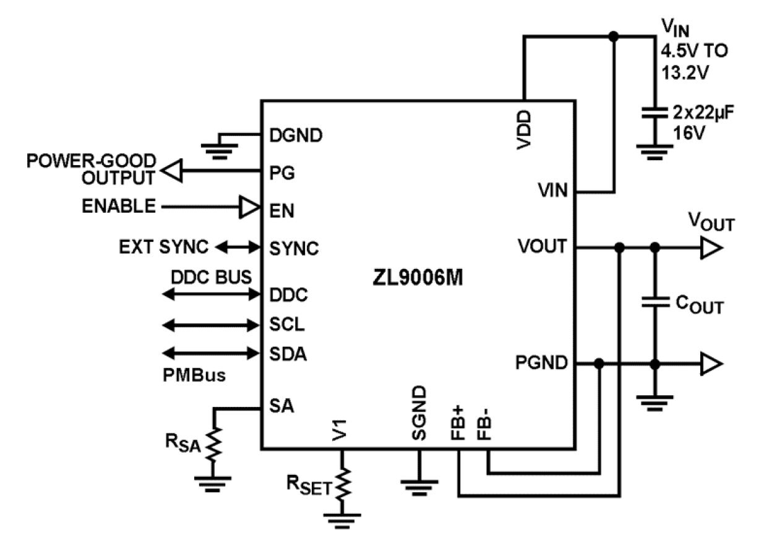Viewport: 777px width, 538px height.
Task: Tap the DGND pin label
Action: pos(296,135)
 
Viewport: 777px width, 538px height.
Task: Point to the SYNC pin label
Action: pos(294,249)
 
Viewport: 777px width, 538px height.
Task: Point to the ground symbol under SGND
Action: pos(418,482)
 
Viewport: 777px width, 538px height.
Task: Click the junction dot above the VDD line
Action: pos(613,36)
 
